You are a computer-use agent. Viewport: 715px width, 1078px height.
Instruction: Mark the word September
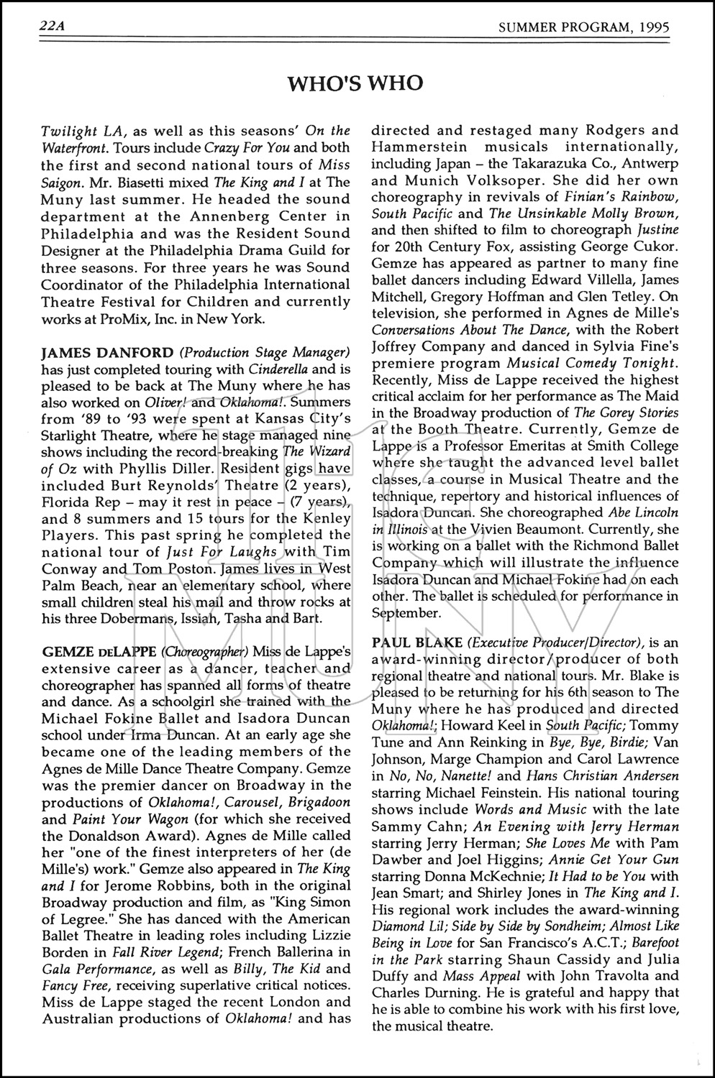406,612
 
